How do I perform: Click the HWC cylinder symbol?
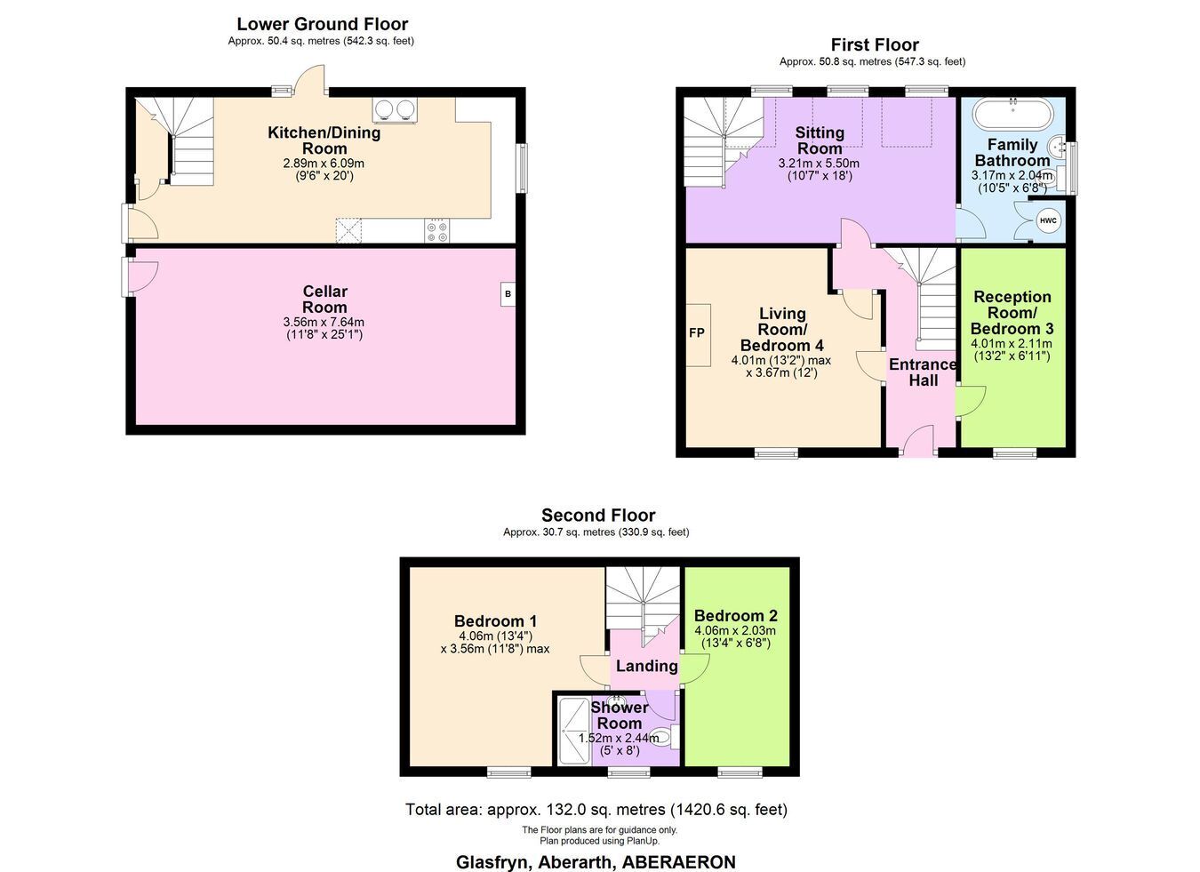pos(1047,220)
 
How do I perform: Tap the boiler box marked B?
pos(508,294)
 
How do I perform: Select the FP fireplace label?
pos(696,333)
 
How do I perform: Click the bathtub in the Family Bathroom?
pos(1012,114)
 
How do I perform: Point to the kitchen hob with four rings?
pos(437,231)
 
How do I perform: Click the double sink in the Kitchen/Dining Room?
pos(396,110)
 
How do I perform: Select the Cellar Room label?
pos(324,299)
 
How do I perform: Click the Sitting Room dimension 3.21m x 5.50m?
pos(819,163)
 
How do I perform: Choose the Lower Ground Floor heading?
pos(323,24)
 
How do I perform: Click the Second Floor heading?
pos(598,516)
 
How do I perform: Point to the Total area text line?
pos(596,809)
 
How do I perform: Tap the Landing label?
pos(646,666)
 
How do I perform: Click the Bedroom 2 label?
pos(735,615)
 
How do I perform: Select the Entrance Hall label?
pos(923,372)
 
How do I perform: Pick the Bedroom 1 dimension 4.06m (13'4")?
pos(495,636)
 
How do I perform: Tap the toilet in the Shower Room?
pos(665,738)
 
